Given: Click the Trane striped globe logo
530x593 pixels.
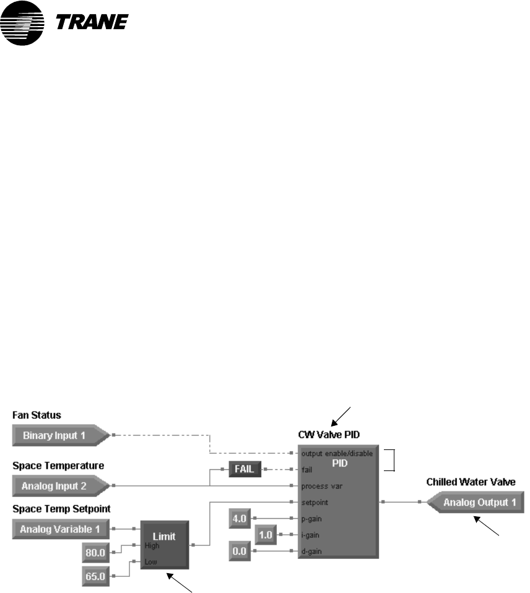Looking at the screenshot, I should (x=22, y=24).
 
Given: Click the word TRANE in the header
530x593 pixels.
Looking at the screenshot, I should (x=93, y=22).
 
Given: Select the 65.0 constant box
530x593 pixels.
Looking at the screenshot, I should (x=95, y=576).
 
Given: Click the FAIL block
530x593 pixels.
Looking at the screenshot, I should (x=244, y=469).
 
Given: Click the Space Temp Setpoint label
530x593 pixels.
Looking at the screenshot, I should (x=54, y=509).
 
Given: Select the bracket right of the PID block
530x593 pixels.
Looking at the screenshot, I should (x=390, y=460).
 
